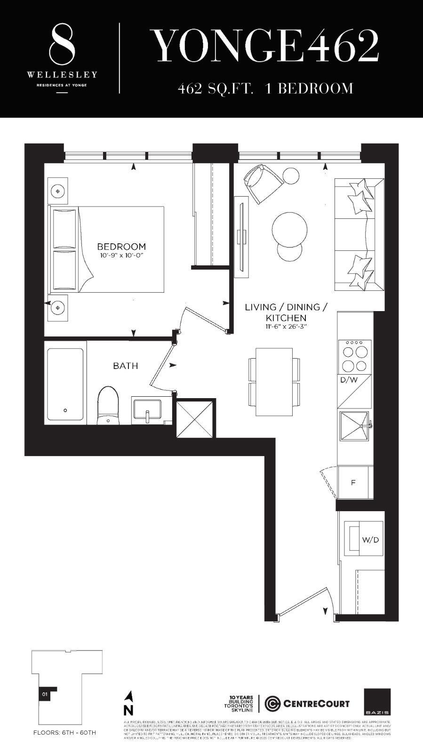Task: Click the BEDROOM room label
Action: [x=121, y=246]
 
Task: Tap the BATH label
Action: [x=126, y=366]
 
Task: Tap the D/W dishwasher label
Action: [x=348, y=380]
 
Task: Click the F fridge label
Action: [x=353, y=483]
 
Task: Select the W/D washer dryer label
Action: [x=370, y=540]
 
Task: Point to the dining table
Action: [x=273, y=382]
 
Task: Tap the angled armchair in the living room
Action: [x=261, y=183]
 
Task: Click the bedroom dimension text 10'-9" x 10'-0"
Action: [x=121, y=256]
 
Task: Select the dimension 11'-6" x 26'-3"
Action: [x=286, y=326]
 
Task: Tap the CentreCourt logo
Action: [x=307, y=704]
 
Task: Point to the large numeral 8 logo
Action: [x=62, y=46]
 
